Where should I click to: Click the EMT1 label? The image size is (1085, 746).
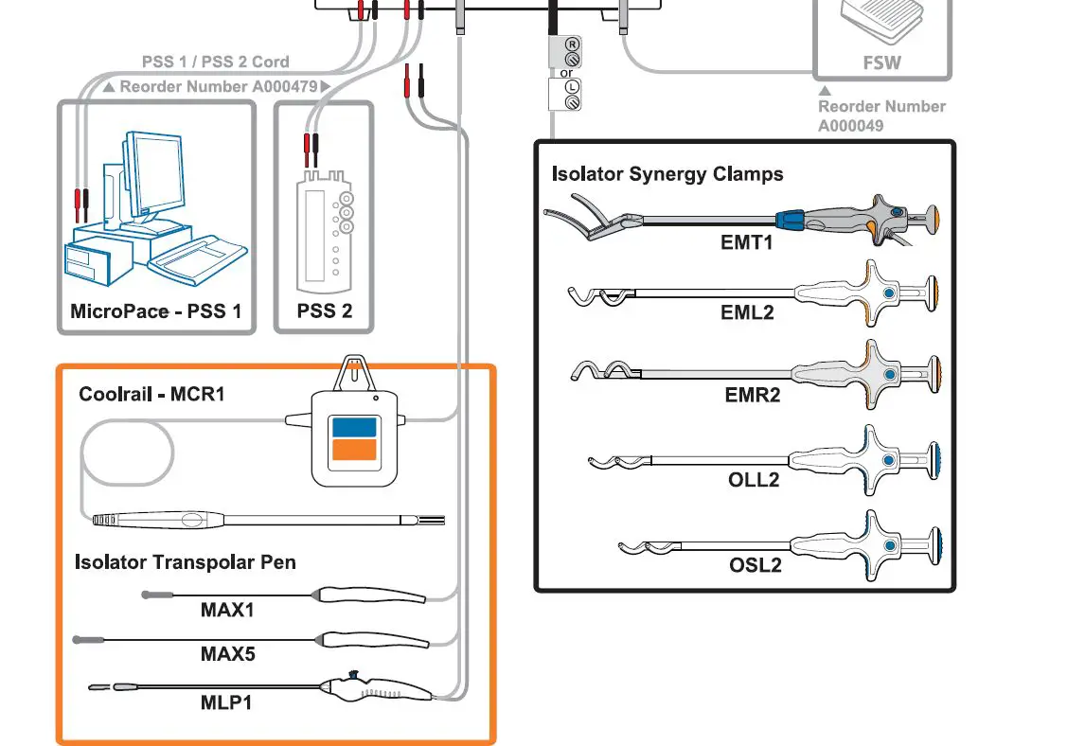coord(747,242)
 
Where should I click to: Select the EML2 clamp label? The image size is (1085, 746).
coord(747,312)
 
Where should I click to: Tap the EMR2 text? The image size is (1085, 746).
coord(753,395)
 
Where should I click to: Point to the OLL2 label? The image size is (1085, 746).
coord(754,480)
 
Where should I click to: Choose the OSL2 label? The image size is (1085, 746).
coord(755,565)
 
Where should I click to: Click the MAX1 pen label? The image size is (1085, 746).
coord(227,611)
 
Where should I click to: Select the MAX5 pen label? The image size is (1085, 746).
coord(227,654)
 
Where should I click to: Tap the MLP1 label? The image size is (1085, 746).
coord(226,702)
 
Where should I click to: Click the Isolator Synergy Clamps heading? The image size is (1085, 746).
coord(667,174)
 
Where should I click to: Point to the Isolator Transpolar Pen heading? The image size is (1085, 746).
coord(186,562)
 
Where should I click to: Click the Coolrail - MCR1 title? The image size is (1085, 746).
coord(151,394)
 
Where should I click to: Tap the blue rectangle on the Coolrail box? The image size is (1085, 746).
coord(353,426)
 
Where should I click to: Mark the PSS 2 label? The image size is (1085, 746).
coord(324,311)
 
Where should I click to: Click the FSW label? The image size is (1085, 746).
coord(881,63)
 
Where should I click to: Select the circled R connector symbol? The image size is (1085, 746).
coord(572,44)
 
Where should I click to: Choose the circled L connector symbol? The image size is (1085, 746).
coord(572,87)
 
